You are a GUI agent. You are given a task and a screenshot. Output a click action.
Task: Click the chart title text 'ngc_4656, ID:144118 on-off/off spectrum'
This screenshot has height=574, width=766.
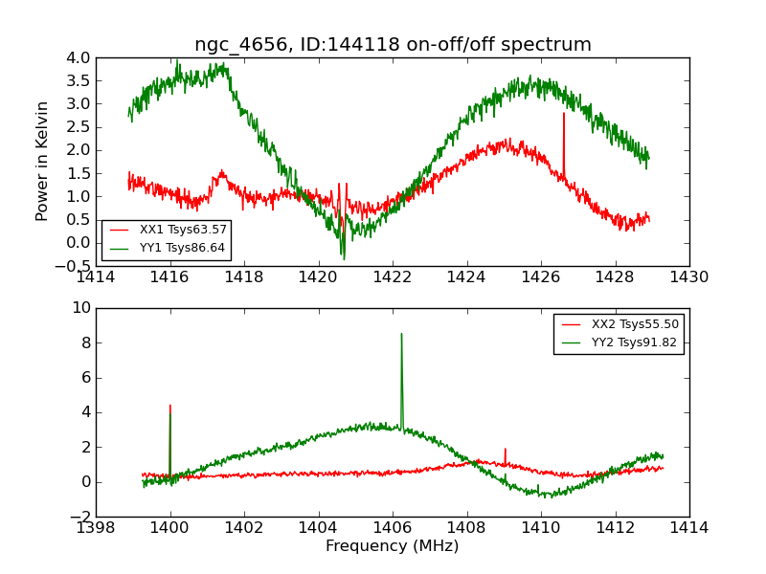click(x=393, y=45)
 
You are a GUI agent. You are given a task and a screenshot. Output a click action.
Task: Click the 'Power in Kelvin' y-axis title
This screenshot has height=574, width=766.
click(x=42, y=162)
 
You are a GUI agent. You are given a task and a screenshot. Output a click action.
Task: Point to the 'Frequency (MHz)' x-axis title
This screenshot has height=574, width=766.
click(x=393, y=546)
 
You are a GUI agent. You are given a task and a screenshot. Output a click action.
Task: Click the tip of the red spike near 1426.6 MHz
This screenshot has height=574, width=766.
click(x=564, y=113)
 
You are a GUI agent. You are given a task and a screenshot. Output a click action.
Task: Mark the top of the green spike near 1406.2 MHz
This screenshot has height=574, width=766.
click(x=401, y=334)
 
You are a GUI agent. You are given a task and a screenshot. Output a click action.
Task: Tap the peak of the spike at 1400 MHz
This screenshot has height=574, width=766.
click(x=170, y=405)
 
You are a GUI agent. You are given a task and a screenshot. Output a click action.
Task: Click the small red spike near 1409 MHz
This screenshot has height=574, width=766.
click(x=505, y=449)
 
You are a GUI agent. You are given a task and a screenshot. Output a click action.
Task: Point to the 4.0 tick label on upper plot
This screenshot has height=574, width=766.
click(x=79, y=57)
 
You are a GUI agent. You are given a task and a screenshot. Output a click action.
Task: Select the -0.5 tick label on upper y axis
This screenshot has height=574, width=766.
click(x=75, y=266)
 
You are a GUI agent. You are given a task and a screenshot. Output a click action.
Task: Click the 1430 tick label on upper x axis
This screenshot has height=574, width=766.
click(x=688, y=277)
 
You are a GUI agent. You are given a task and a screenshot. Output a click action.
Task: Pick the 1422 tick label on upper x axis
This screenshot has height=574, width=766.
click(x=393, y=277)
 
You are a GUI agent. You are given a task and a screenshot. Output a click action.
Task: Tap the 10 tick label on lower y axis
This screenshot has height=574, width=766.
click(x=81, y=308)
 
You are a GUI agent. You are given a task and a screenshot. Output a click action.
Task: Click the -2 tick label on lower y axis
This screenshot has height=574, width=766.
click(x=80, y=517)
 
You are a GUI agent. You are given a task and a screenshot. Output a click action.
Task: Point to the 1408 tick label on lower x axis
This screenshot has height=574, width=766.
click(x=466, y=528)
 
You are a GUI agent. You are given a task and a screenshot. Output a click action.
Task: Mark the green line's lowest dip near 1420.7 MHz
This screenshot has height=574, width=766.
click(x=344, y=258)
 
